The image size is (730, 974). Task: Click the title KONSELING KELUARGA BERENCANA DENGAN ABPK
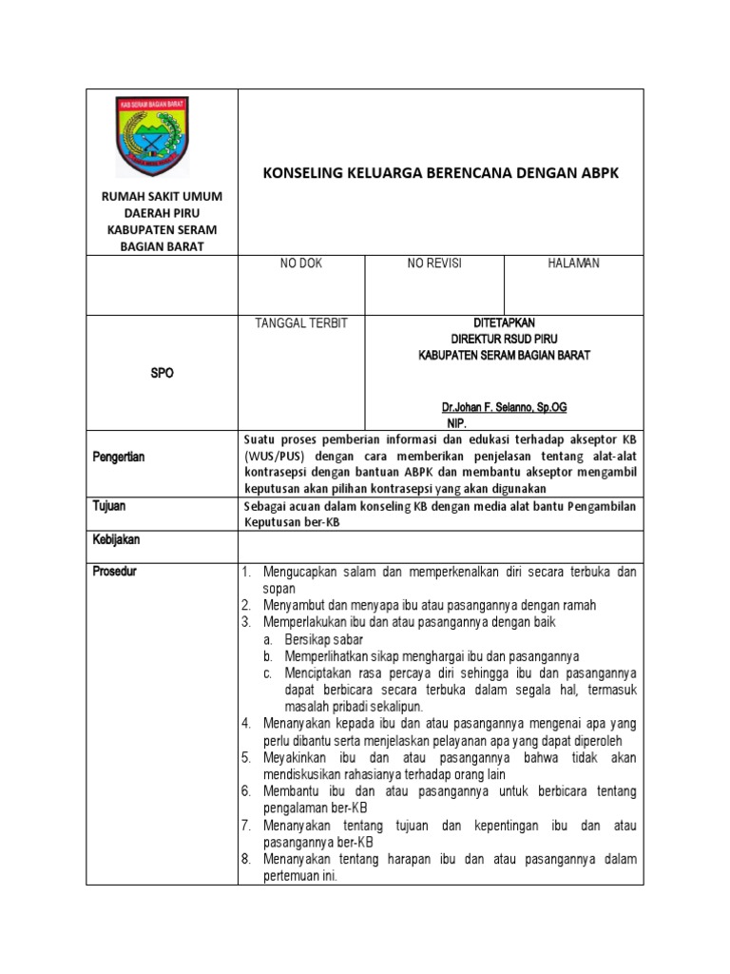coord(440,173)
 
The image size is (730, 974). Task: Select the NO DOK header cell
coord(300,263)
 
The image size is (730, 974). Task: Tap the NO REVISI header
coord(434,263)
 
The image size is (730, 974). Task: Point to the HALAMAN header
coord(573,263)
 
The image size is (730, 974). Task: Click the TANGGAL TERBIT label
coord(301,323)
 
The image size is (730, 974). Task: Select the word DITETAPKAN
coord(505,323)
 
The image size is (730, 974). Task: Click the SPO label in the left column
coord(163,374)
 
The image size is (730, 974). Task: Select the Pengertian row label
coord(119,458)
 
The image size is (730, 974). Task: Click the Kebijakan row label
coord(116,539)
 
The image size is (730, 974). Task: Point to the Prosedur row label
coord(115,572)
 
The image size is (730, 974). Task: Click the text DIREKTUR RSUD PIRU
coord(505,339)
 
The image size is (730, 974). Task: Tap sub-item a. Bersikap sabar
coord(317,639)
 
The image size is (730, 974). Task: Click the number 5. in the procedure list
coord(245,757)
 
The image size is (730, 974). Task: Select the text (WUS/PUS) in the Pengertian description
coord(276,457)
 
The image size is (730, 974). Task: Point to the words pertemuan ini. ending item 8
coord(300,877)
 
